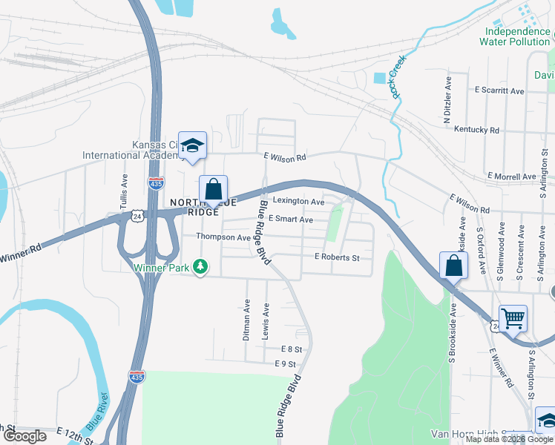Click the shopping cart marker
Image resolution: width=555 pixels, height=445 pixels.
[513, 319]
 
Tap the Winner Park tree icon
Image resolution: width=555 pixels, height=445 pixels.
[200, 266]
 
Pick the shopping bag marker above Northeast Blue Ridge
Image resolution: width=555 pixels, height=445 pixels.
[213, 189]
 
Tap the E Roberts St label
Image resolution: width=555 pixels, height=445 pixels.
[337, 257]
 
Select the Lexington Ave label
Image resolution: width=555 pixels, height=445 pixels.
[298, 202]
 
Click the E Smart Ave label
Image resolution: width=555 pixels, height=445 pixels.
[290, 220]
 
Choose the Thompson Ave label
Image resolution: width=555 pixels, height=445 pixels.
[223, 237]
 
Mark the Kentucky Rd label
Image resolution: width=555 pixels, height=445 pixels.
[476, 130]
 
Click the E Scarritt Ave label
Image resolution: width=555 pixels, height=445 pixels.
[500, 90]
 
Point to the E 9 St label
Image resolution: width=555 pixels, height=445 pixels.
[285, 363]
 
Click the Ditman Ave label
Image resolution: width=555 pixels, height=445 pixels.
[247, 320]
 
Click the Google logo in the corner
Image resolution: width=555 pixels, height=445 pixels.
[24, 436]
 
